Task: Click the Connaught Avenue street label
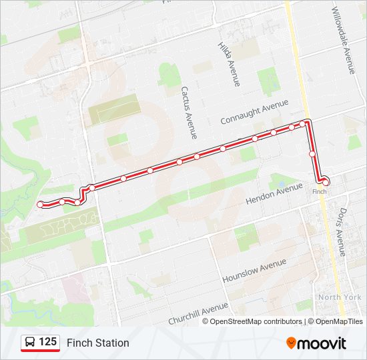[254, 112]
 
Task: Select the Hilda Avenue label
[228, 64]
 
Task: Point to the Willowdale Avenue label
[349, 44]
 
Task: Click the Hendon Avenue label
[274, 193]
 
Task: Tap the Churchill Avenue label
[199, 313]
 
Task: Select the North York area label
[340, 297]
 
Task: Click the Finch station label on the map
[320, 191]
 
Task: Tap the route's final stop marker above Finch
[325, 181]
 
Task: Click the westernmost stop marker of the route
[41, 204]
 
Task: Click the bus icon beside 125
[30, 343]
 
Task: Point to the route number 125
[47, 342]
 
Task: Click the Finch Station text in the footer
[97, 343]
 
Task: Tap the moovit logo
[316, 343]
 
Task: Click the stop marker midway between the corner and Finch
[312, 154]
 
